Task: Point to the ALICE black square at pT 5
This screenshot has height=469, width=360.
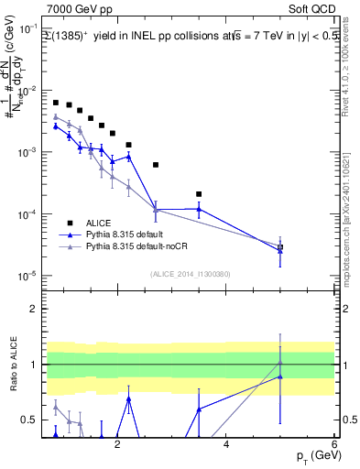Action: pos(280,247)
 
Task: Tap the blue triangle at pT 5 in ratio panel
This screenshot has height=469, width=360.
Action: pos(280,376)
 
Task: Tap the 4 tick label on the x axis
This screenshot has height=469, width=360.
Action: pos(226,444)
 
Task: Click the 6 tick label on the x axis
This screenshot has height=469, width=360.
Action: pos(334,444)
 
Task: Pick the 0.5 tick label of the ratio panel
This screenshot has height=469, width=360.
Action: pos(28,420)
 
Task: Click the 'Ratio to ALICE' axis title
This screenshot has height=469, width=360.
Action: pos(12,366)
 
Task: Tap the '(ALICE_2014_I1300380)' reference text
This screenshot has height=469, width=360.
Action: pos(189,274)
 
